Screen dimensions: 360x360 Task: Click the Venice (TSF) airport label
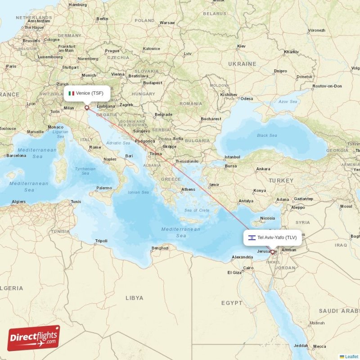pyautogui.click(x=89, y=93)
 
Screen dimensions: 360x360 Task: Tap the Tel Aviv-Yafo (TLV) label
pyautogui.click(x=277, y=237)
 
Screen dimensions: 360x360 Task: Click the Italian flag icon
pyautogui.click(x=71, y=93)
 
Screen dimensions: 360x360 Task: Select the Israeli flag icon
pyautogui.click(x=252, y=237)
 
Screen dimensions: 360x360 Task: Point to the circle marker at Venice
pyautogui.click(x=86, y=108)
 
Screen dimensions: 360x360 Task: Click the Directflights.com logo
pyautogui.click(x=34, y=338)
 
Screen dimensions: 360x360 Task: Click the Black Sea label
pyautogui.click(x=267, y=135)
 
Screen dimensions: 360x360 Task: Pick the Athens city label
pyautogui.click(x=188, y=189)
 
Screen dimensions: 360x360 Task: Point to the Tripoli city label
pyautogui.click(x=101, y=241)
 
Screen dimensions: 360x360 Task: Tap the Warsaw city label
pyautogui.click(x=167, y=22)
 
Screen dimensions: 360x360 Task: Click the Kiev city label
pyautogui.click(x=241, y=46)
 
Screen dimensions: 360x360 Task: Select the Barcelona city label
pyautogui.click(x=16, y=156)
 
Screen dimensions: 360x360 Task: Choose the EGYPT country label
pyautogui.click(x=232, y=303)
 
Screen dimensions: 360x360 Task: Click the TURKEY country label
pyautogui.click(x=281, y=180)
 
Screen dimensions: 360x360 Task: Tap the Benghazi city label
pyautogui.click(x=160, y=248)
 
